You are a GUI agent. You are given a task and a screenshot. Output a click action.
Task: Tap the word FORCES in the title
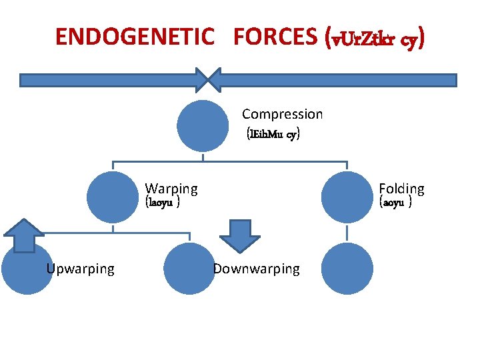point(273,37)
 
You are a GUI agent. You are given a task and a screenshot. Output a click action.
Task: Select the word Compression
point(282,114)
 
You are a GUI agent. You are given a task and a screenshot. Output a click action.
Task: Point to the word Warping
point(171,189)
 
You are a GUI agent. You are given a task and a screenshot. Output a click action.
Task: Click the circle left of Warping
point(113,196)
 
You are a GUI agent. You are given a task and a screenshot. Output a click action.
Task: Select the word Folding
point(401,189)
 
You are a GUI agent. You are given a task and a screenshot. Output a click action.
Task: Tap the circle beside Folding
point(347,196)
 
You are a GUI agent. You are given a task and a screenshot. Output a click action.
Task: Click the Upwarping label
point(80,269)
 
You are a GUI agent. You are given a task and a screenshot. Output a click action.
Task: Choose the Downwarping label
point(256,269)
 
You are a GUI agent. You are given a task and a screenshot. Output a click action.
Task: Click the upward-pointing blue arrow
point(24,235)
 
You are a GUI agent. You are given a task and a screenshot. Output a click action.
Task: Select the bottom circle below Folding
point(347,269)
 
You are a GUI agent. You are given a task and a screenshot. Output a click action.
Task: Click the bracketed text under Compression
point(273,134)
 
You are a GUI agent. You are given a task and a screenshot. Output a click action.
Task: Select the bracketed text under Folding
point(395,203)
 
